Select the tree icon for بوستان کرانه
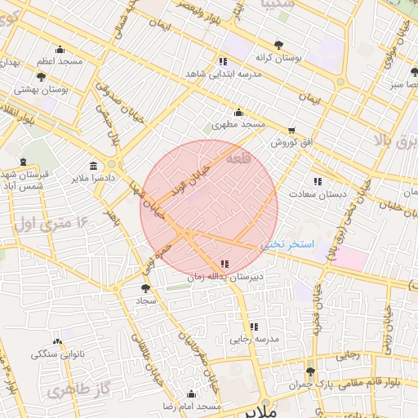pyautogui.click(x=279, y=45)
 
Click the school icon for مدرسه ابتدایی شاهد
pyautogui.click(x=223, y=61)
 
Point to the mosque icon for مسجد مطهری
pyautogui.click(x=238, y=113)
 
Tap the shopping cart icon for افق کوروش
pyautogui.click(x=291, y=131)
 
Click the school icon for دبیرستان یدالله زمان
pyautogui.click(x=225, y=264)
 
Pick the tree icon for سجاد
pyautogui.click(x=145, y=288)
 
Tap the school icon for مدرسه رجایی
pyautogui.click(x=254, y=327)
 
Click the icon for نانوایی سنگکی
pyautogui.click(x=57, y=341)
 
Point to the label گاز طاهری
pyautogui.click(x=78, y=391)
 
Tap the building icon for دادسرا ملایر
pyautogui.click(x=94, y=165)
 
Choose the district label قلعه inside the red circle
pyautogui.click(x=236, y=157)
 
